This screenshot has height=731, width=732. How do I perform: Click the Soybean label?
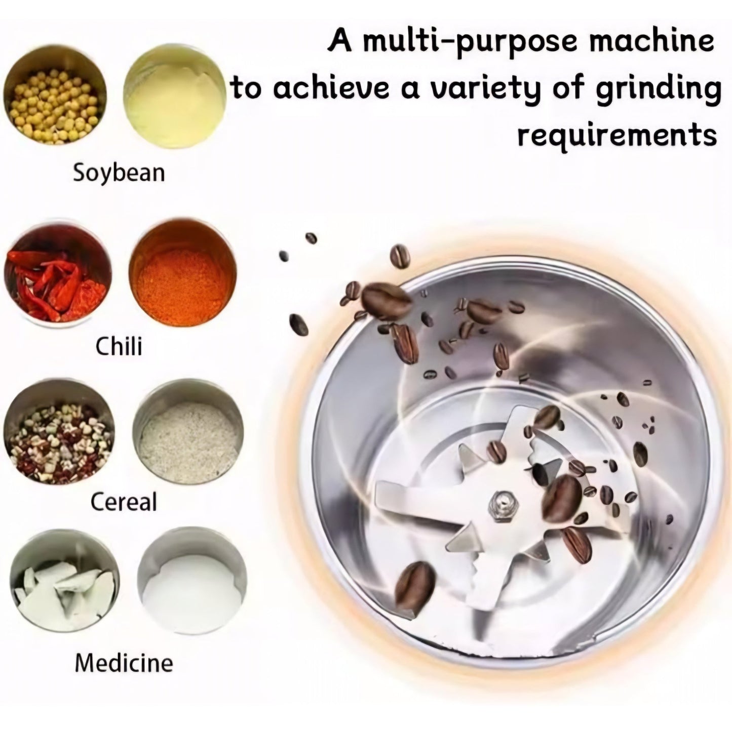pyautogui.click(x=119, y=174)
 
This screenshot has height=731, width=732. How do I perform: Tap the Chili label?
pyautogui.click(x=119, y=346)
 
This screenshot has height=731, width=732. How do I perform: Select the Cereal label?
pyautogui.click(x=124, y=502)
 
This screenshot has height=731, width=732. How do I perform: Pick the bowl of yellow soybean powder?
pyautogui.click(x=175, y=97)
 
